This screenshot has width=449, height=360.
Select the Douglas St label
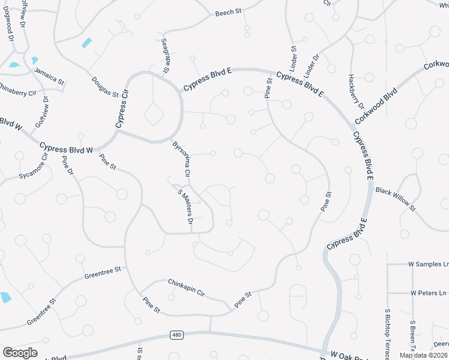[x=105, y=87]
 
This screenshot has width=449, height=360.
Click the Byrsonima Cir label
[x=181, y=158]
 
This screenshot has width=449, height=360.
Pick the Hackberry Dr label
[x=356, y=92]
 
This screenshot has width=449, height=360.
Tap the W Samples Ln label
[x=428, y=264]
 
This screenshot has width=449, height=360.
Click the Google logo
[x=20, y=353]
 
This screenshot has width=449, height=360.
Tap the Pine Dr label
[x=67, y=166]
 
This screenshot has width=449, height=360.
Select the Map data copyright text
[x=424, y=355]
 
